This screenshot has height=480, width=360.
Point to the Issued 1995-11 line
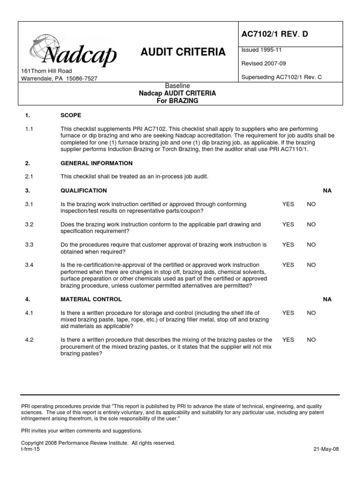click(262, 50)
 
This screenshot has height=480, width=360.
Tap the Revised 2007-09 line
click(263, 63)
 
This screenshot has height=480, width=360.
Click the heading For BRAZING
click(177, 101)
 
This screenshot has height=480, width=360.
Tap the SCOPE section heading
click(71, 114)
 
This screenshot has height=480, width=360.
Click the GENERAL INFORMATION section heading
click(97, 163)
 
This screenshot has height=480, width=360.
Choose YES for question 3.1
click(288, 204)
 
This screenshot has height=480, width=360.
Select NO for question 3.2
click(311, 225)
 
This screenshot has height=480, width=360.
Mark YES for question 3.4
click(288, 265)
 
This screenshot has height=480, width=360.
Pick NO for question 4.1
click(311, 313)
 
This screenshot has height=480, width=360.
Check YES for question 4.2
click(288, 340)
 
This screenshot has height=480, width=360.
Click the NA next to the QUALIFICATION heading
click(327, 191)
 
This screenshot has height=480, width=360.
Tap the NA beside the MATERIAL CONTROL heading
click(327, 299)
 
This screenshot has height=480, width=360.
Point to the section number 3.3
click(29, 245)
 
